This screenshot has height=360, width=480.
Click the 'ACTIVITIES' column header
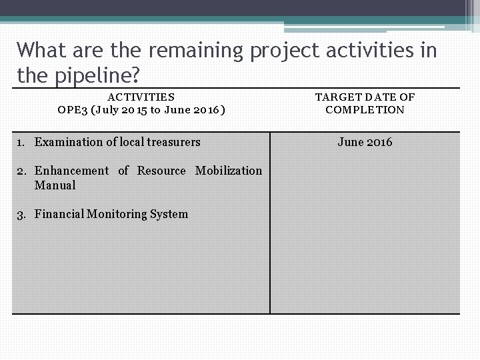point(141,97)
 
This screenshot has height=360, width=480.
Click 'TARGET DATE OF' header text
point(365,97)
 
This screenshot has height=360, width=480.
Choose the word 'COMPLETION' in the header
point(365,109)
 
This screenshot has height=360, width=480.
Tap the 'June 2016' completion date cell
point(365,142)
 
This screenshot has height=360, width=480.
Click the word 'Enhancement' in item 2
point(71,171)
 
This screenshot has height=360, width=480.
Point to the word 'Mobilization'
point(229,171)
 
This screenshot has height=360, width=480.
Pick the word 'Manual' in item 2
point(55,185)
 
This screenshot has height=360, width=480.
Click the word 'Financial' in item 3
point(59,214)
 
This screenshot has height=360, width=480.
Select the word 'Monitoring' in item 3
point(117,214)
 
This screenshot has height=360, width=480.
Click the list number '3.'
point(21,214)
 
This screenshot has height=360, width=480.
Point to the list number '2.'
point(21,171)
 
